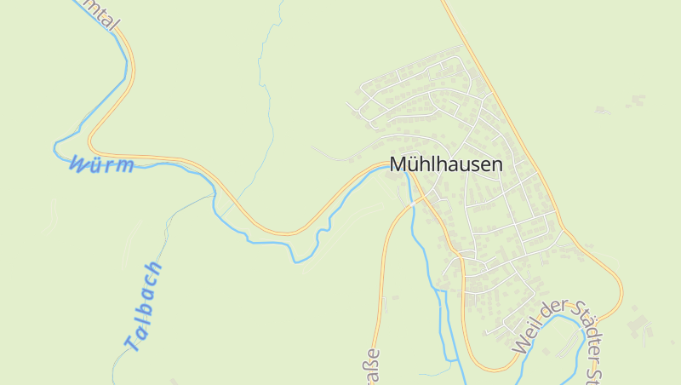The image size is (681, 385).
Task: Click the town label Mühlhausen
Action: coord(446,164)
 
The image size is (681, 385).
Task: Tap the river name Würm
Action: coord(102,164)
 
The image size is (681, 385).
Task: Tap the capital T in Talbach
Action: coord(130,343)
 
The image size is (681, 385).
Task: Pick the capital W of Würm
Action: coord(79,163)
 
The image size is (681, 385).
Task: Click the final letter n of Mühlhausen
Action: coord(496,164)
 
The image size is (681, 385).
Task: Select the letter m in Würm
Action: coord(126,166)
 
